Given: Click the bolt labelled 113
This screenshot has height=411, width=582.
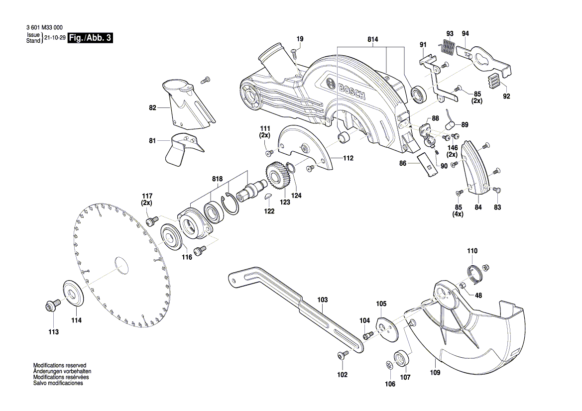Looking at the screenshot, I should tap(51, 306).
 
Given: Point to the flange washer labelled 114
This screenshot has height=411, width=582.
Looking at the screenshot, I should tap(74, 294).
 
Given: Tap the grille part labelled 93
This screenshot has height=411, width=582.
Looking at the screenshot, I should tap(449, 48).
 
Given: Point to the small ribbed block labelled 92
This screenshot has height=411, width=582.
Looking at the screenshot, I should tap(493, 81).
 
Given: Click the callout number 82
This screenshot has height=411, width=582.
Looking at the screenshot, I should tap(152, 107).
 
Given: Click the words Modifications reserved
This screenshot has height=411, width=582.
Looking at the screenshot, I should tap(60, 365).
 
